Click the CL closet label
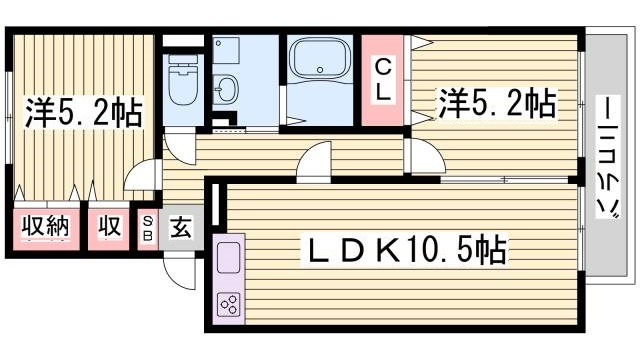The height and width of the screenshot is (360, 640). [x=383, y=79]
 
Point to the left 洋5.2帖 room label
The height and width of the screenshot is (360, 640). [x=82, y=111]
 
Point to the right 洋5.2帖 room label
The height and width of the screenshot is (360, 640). [x=495, y=102]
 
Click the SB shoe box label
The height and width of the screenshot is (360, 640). [x=148, y=228]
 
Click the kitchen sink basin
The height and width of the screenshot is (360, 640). [x=228, y=259]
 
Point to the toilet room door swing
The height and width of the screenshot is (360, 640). [x=180, y=145]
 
